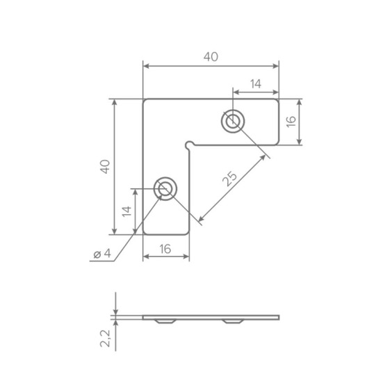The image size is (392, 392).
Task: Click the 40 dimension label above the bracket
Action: click(x=211, y=57)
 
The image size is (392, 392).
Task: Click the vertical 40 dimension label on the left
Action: click(x=105, y=167)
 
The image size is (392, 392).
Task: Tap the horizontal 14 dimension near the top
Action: click(x=256, y=84)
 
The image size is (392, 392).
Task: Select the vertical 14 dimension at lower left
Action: click(x=126, y=211)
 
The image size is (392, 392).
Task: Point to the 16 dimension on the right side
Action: click(x=291, y=122)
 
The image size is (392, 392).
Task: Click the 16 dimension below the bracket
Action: click(x=165, y=249)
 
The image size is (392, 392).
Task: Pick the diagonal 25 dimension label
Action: click(x=230, y=179)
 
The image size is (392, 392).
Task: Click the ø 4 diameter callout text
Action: click(x=102, y=254)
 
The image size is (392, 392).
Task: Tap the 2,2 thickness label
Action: click(x=105, y=338)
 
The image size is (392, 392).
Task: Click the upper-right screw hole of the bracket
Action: click(x=233, y=121)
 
